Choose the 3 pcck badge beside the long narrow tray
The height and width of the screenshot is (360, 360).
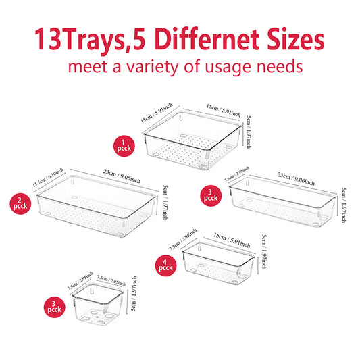[x=211, y=195]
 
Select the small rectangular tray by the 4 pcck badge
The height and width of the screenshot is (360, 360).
[x=219, y=260]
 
